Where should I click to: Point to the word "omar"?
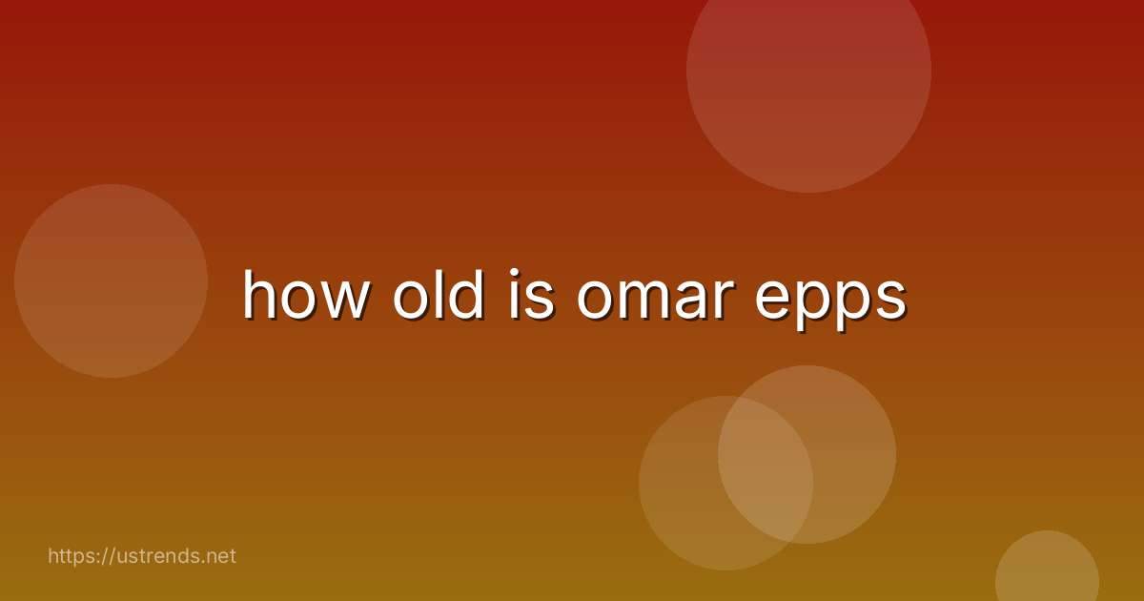(656, 298)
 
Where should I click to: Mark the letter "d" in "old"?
(465, 294)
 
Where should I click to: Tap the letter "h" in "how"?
(260, 294)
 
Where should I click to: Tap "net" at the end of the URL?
(220, 555)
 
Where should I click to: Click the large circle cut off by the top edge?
(808, 76)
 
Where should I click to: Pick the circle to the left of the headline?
(111, 280)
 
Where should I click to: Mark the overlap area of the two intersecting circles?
(766, 467)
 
